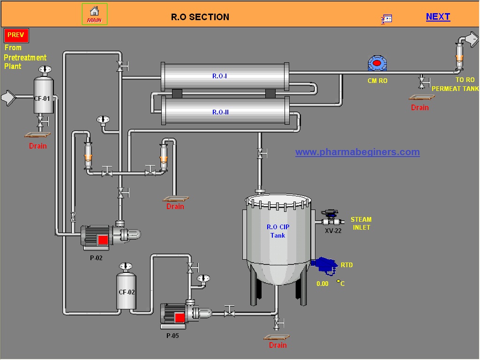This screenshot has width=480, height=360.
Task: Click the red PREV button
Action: (16, 36)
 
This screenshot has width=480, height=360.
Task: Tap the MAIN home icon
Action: (95, 14)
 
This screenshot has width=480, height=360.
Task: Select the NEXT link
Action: (438, 17)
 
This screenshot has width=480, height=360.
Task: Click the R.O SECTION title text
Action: (200, 17)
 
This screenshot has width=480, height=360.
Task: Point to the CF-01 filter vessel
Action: (44, 96)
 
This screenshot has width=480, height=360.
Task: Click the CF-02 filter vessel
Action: (126, 292)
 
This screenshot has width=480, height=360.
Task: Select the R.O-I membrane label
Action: (220, 76)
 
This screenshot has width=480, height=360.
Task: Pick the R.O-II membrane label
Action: (220, 112)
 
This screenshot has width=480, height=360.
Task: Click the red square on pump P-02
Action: (103, 240)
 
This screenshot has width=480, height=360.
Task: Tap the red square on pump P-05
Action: (180, 318)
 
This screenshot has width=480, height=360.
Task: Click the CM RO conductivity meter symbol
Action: (377, 64)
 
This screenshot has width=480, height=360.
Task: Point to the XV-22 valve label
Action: (333, 231)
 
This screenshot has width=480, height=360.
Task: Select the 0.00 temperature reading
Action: (322, 284)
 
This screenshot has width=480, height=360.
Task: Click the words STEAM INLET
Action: (361, 223)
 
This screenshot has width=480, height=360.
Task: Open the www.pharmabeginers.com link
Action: (357, 152)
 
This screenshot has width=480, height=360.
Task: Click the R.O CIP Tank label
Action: (278, 231)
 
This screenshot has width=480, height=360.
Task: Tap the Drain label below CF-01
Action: (38, 146)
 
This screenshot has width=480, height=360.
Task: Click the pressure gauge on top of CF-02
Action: (126, 267)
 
